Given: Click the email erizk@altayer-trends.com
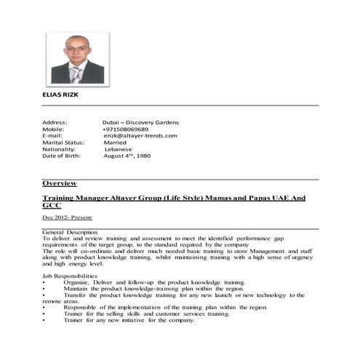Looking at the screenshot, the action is [x=140, y=135].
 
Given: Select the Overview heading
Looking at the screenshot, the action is [x=60, y=183].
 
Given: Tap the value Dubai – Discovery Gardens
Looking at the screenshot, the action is [x=141, y=122].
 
